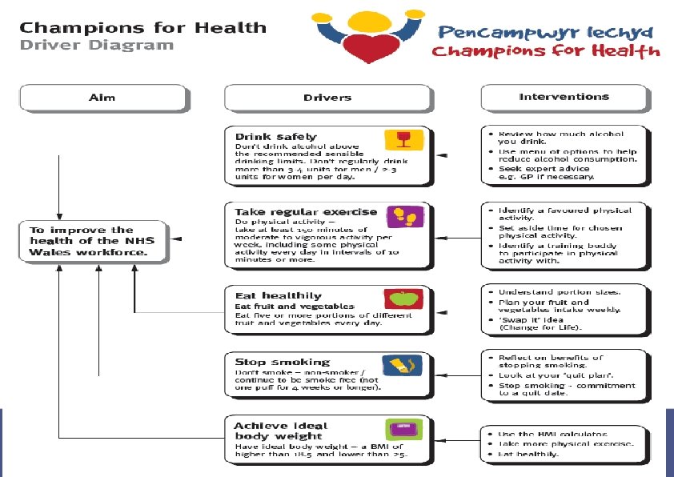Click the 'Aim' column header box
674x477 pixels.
[x=102, y=98]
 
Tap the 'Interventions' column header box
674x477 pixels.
[x=564, y=98]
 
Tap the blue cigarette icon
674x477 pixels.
[x=398, y=365]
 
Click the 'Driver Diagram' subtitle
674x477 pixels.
[x=96, y=45]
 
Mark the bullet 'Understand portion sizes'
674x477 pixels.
[x=560, y=292]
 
